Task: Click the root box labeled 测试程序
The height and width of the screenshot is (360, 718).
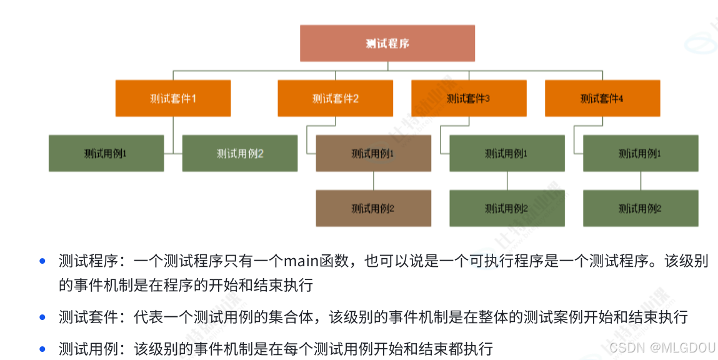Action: coord(387,43)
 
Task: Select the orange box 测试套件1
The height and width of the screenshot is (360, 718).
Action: coord(173,98)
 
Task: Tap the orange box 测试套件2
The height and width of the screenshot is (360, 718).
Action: coord(335,98)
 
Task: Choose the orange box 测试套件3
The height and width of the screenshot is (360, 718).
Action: coord(469,98)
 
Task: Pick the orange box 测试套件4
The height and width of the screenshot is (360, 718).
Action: coord(602,98)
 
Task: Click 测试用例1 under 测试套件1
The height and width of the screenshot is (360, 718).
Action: coord(106,153)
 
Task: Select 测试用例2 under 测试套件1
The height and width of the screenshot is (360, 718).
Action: coord(240,153)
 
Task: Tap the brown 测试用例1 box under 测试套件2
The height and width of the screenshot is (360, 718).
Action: coord(373,153)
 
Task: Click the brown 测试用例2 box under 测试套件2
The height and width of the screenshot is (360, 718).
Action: coord(373,208)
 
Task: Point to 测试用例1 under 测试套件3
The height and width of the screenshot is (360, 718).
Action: coord(507,153)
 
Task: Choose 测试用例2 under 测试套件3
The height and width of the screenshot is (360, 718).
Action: coord(507,208)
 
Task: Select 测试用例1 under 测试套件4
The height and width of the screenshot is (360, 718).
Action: coord(641,153)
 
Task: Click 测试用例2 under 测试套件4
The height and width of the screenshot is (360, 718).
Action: coord(641,208)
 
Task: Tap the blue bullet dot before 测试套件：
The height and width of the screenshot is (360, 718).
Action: coord(42,317)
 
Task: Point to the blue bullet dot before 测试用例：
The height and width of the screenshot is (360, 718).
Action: coord(42,348)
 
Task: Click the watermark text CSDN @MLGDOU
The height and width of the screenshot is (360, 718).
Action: coord(662,347)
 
